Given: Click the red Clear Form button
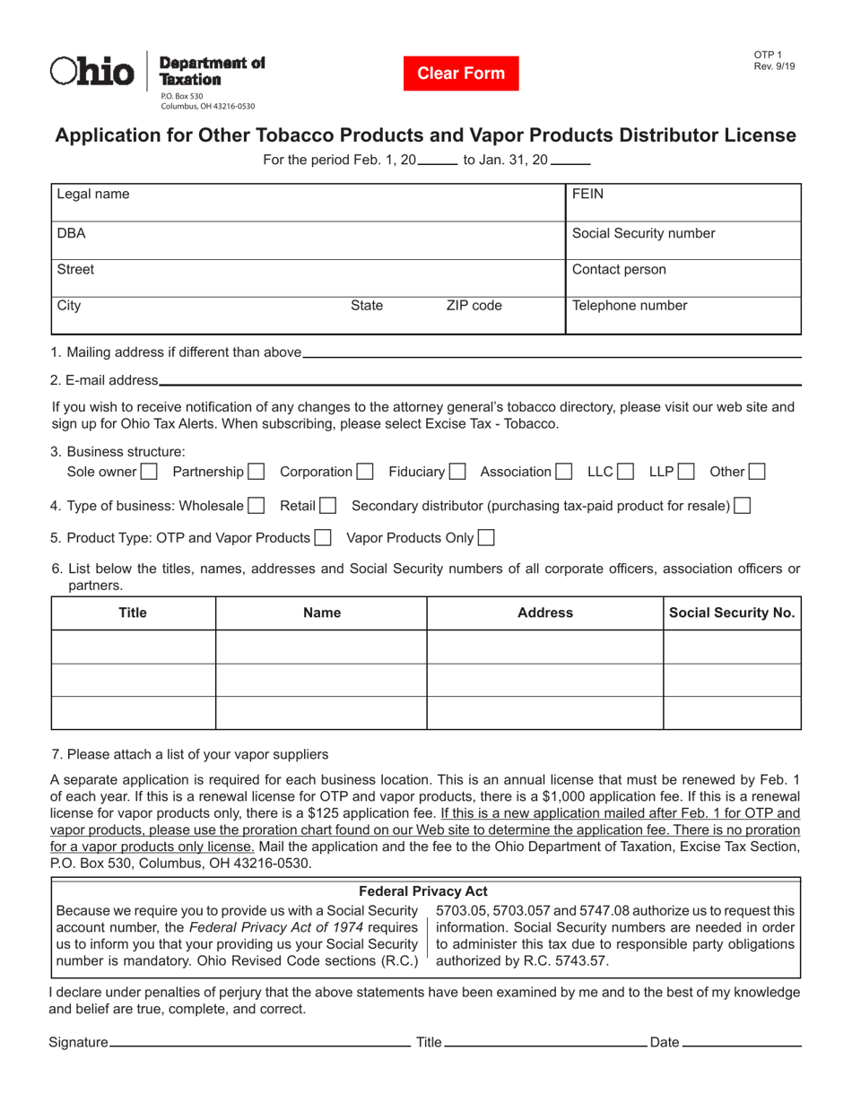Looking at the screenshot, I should [461, 74].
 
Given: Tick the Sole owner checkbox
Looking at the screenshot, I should [150, 471].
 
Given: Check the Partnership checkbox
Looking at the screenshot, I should [256, 471].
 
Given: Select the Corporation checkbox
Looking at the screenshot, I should [365, 471].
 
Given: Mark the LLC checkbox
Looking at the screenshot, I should [626, 471].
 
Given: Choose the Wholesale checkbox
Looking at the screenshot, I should [256, 506].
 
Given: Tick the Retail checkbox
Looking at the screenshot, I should [327, 506].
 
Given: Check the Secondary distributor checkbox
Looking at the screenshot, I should [742, 506].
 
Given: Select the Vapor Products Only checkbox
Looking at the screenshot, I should [486, 538].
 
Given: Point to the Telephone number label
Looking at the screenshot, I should [630, 305].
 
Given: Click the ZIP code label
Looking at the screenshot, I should [474, 305].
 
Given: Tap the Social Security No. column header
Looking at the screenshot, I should [732, 612].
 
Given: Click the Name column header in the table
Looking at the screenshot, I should [322, 612].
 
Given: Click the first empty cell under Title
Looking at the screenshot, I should [134, 647].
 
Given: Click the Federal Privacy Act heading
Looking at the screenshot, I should [423, 890].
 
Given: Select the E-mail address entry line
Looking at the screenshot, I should [480, 380].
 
